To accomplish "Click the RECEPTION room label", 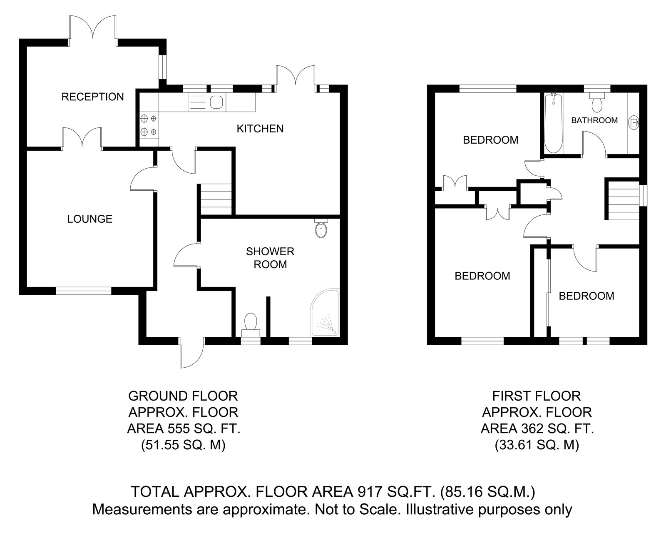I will pyautogui.click(x=92, y=97).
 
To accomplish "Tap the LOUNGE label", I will pyautogui.click(x=90, y=219).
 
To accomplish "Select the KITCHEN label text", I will pyautogui.click(x=260, y=129).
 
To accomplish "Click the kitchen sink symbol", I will pyautogui.click(x=216, y=102).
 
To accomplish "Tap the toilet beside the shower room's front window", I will pyautogui.click(x=251, y=324).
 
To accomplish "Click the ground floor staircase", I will pyautogui.click(x=215, y=198).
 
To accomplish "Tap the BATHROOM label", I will pyautogui.click(x=594, y=120).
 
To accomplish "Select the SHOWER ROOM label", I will pyautogui.click(x=270, y=258).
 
